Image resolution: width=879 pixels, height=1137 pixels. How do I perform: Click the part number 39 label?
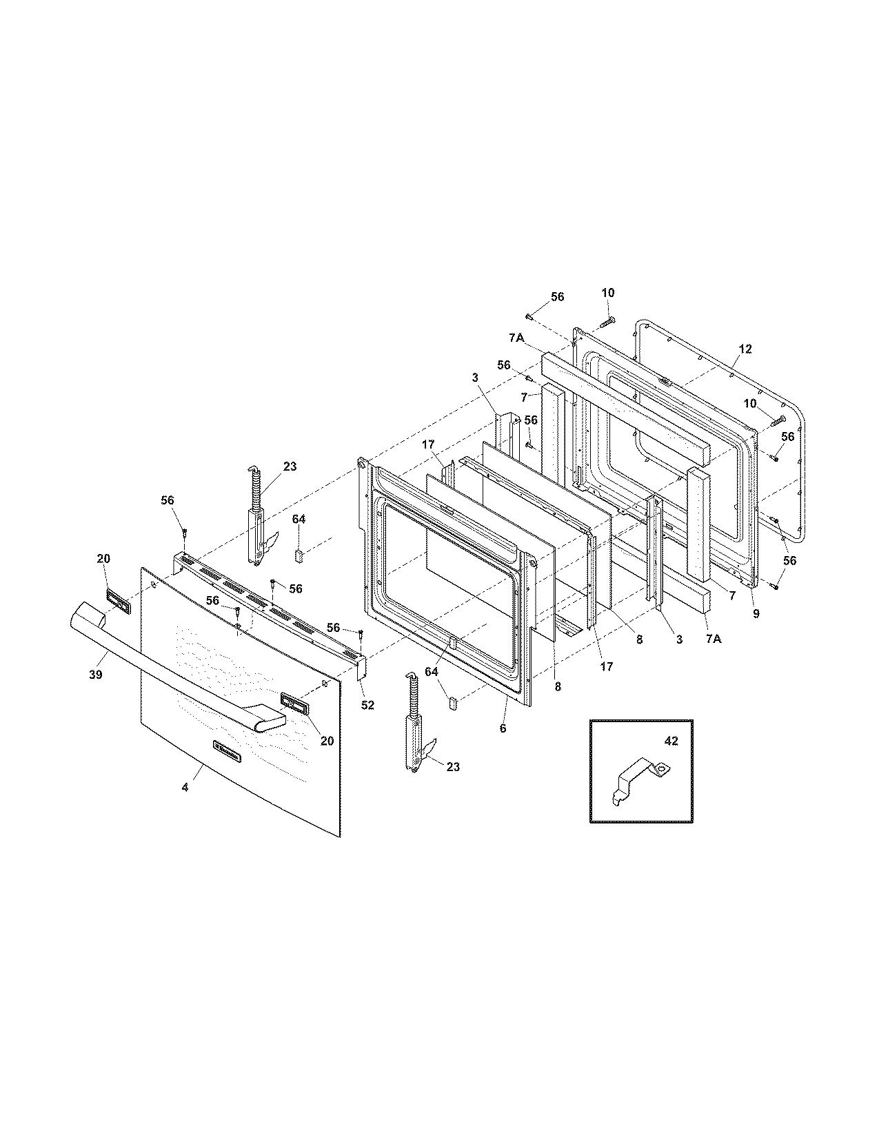tap(95, 675)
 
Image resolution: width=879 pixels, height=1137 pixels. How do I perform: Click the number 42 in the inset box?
tap(671, 741)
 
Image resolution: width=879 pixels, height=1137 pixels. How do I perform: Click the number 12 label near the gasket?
tap(745, 349)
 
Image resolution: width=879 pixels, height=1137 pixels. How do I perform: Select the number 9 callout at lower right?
tap(756, 614)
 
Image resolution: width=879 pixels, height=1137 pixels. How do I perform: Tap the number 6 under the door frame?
tap(503, 728)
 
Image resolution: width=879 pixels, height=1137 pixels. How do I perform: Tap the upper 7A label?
tap(517, 338)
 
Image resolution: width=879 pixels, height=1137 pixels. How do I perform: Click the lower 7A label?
tap(713, 639)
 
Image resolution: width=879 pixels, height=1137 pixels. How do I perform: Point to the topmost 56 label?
tap(557, 297)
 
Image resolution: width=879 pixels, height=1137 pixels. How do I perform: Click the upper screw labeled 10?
tap(607, 320)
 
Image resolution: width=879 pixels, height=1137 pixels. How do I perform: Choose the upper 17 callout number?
tap(428, 445)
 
